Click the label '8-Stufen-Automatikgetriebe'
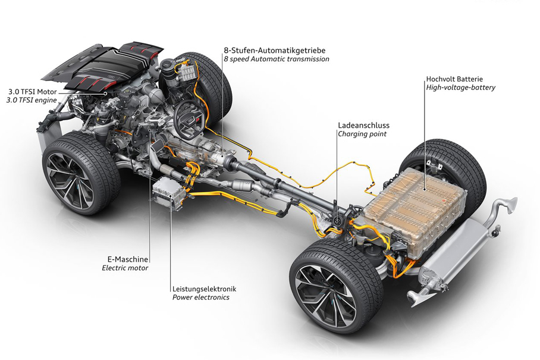point(275,51)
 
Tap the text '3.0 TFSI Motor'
point(32,92)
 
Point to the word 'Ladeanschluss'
point(364,126)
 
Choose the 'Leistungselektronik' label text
point(205,289)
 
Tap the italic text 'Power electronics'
point(201,298)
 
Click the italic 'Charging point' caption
point(362,134)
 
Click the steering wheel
point(189,119)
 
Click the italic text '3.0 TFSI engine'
point(32,100)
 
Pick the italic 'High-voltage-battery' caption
point(460,87)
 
